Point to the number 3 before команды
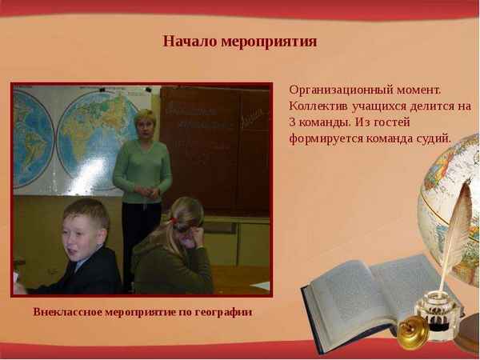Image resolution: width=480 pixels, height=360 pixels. coord(293,122)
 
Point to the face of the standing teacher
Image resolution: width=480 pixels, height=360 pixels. coord(145,128)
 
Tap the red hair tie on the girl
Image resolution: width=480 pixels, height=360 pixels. coord(173,219)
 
